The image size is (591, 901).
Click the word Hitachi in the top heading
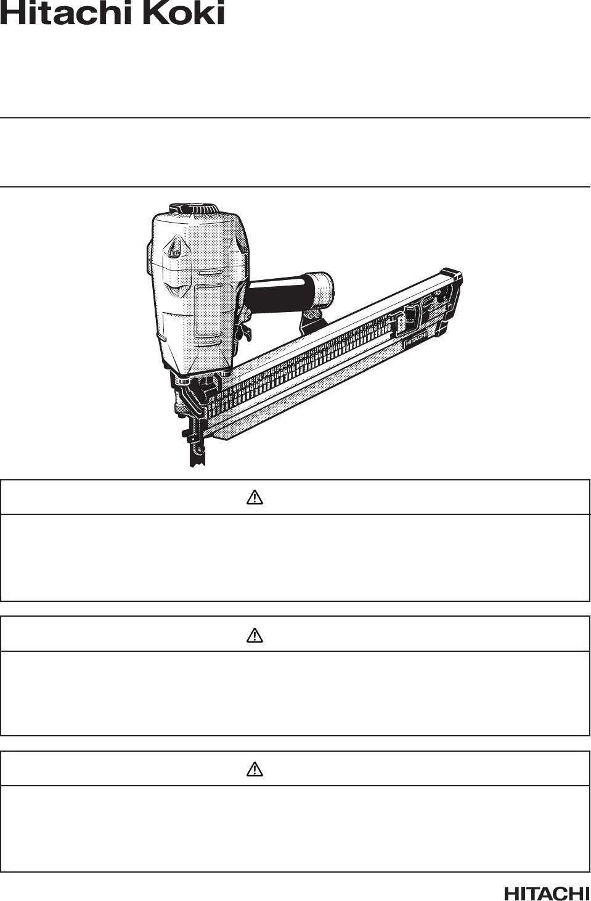pyautogui.click(x=68, y=12)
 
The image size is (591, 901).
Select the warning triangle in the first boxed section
pyautogui.click(x=255, y=498)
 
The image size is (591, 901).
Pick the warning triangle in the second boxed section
pyautogui.click(x=255, y=635)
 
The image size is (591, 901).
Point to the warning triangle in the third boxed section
pyautogui.click(x=255, y=769)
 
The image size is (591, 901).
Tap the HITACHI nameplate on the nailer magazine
pyautogui.click(x=415, y=341)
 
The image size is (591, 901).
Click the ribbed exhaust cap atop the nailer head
pyautogui.click(x=194, y=209)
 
